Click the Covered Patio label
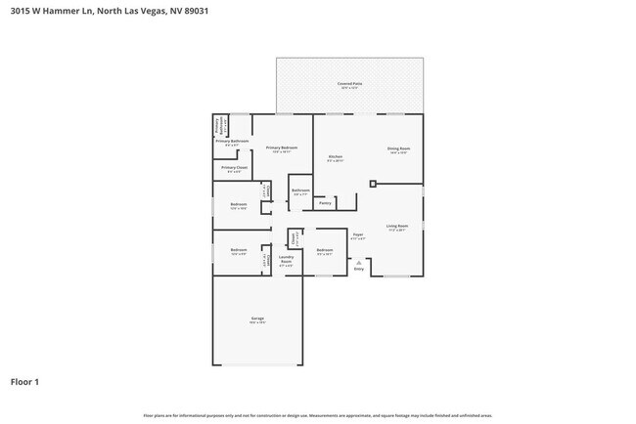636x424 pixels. tap(349, 85)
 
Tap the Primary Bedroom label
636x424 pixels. tap(282, 148)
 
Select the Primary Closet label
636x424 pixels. tap(234, 168)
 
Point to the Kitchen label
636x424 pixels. tap(335, 156)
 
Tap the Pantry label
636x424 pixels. tap(324, 203)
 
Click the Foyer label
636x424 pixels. tap(358, 234)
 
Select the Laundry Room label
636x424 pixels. tap(286, 260)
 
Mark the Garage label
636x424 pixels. tap(257, 318)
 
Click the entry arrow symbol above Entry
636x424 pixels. tap(357, 262)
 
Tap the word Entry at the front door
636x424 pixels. tap(357, 269)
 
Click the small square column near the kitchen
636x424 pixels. tap(372, 183)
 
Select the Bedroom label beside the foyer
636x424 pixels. tap(325, 251)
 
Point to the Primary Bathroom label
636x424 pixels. tap(233, 142)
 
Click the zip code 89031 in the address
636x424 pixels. tap(193, 11)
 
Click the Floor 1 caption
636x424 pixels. tap(24, 381)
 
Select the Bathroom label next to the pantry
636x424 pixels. tap(300, 191)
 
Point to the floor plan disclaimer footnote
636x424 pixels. tap(318, 414)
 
